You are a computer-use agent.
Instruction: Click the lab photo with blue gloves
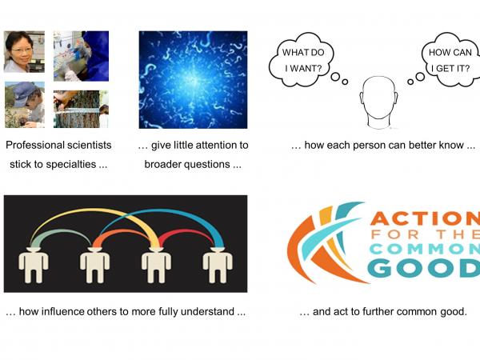(81, 55)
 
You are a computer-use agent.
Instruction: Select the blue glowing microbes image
(193, 80)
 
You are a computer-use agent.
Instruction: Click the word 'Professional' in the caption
(36, 146)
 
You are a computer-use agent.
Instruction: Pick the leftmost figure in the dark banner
(33, 266)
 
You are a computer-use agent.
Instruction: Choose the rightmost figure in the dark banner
(217, 266)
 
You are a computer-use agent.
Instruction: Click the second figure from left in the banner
(94, 266)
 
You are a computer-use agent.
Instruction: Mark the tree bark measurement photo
(81, 109)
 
